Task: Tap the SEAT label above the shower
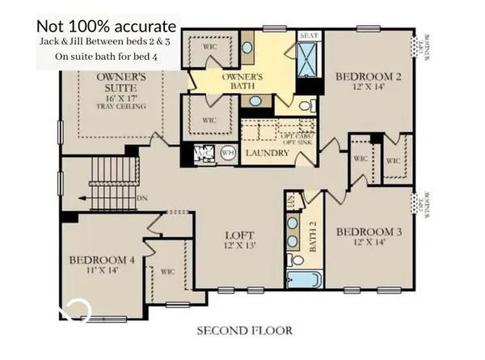pyautogui.click(x=308, y=36)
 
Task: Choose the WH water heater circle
pyautogui.click(x=228, y=151)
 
